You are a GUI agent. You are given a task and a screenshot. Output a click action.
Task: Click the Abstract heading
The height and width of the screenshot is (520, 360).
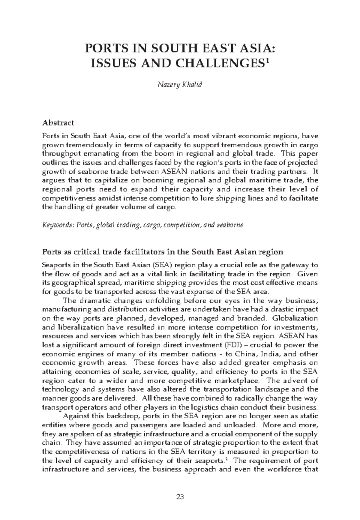58,123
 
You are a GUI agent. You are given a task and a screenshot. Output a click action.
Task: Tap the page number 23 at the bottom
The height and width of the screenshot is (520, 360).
180,497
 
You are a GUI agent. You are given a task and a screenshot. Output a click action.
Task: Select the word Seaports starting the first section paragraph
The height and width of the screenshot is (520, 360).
55,265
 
